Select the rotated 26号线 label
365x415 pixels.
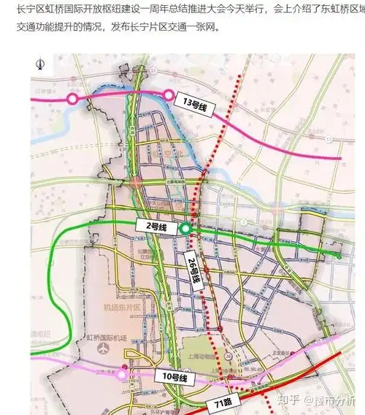coord(193,269)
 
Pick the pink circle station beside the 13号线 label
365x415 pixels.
coord(169,94)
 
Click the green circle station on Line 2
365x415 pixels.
coord(186,229)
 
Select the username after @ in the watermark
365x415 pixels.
coord(339,400)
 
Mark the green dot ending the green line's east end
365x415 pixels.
coord(337,255)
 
